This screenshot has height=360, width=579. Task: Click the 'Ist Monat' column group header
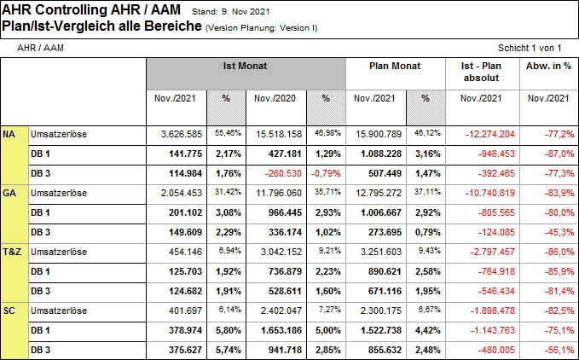[246, 66]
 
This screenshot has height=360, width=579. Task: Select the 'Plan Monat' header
[395, 66]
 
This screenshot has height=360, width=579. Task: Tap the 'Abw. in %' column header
[548, 66]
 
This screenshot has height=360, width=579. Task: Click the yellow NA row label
[9, 135]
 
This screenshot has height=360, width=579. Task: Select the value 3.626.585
[182, 135]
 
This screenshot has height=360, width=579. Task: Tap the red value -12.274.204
[490, 135]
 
